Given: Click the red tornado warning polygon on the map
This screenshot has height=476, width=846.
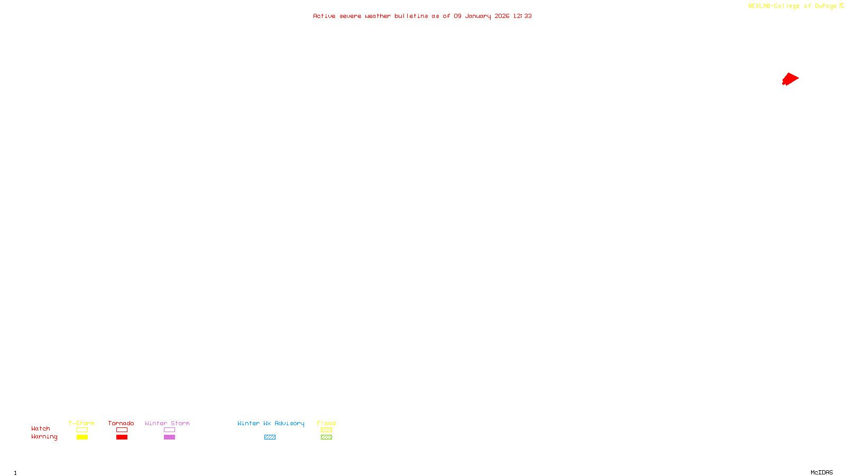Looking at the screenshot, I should coord(790,79).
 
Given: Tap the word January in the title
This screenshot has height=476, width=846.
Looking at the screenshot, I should coord(477,16).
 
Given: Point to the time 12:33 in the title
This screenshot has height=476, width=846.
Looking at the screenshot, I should coord(522,16).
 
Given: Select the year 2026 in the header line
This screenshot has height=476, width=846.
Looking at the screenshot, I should coord(502,16).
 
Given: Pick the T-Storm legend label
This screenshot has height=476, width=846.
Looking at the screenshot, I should coord(81,423).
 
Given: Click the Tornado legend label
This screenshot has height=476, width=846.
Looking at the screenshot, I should coord(121,423).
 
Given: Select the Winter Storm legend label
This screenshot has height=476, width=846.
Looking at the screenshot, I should coord(167,423).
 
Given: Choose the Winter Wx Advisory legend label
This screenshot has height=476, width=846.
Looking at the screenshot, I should coord(271,423).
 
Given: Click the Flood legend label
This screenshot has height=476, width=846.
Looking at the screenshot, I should coord(326,423).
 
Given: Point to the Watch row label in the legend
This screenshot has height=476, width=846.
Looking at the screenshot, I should coord(41,428).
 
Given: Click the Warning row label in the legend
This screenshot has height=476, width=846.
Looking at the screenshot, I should coord(44,437).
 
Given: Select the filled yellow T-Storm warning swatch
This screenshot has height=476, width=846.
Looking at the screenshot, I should coord(82,437).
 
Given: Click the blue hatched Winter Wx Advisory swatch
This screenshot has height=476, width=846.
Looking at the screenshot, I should coord(270,437).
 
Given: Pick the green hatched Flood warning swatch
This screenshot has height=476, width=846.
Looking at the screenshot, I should coord(326,437).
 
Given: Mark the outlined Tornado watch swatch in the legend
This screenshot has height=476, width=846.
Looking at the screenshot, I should coord(122,430).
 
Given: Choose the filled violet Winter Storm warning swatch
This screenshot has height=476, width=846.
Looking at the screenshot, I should coord(169,437).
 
